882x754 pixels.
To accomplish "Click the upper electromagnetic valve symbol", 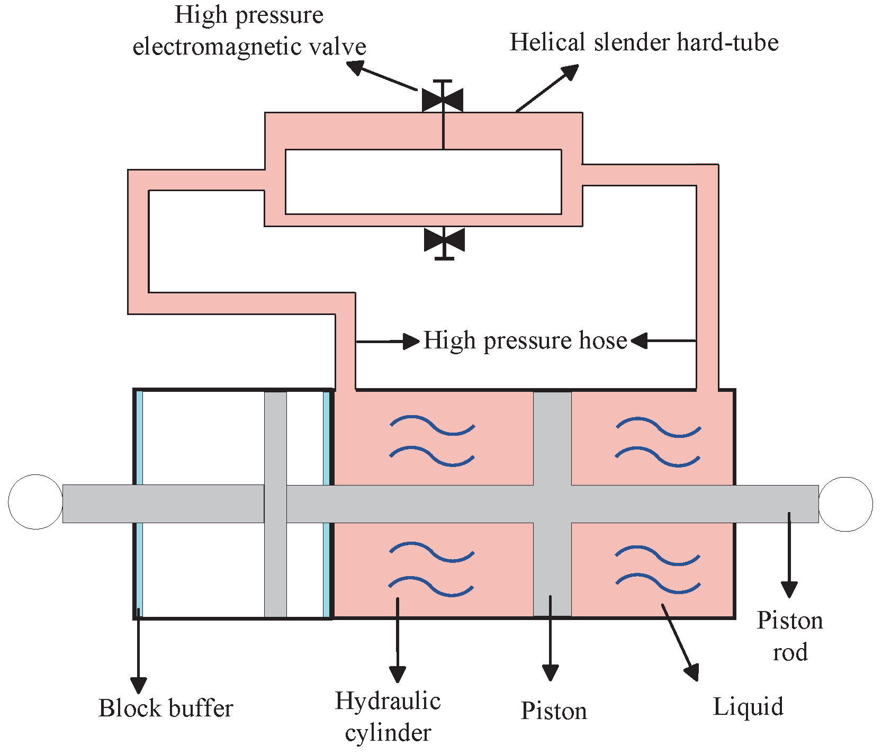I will coord(443,100).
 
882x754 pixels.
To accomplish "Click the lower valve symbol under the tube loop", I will coord(444,241).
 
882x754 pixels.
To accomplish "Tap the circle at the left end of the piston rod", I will coord(35,501).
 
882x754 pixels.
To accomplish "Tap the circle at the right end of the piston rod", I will coord(845,504).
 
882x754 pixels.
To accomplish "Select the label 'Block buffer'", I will coord(165,708).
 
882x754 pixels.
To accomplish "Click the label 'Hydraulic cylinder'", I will coord(388,716).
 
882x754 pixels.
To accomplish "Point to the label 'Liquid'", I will coord(748,707).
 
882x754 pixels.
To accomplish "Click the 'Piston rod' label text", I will coord(789,636).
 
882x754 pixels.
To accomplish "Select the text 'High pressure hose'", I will coord(525,340).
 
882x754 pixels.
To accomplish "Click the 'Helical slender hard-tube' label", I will coord(644,42).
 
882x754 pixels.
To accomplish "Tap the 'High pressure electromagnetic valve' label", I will coord(249,31).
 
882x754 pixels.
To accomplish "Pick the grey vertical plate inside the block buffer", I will coord(275,567).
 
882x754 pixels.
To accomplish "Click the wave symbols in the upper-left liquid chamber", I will coord(432,441).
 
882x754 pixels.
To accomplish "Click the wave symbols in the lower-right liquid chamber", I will coord(658,569).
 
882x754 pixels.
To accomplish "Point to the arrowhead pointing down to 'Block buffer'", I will coord(138,685).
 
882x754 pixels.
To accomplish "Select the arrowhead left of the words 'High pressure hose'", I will coord(411,342).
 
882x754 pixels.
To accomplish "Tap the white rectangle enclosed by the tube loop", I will coord(423,182).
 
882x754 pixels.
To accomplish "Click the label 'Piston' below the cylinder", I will coord(554,711).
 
